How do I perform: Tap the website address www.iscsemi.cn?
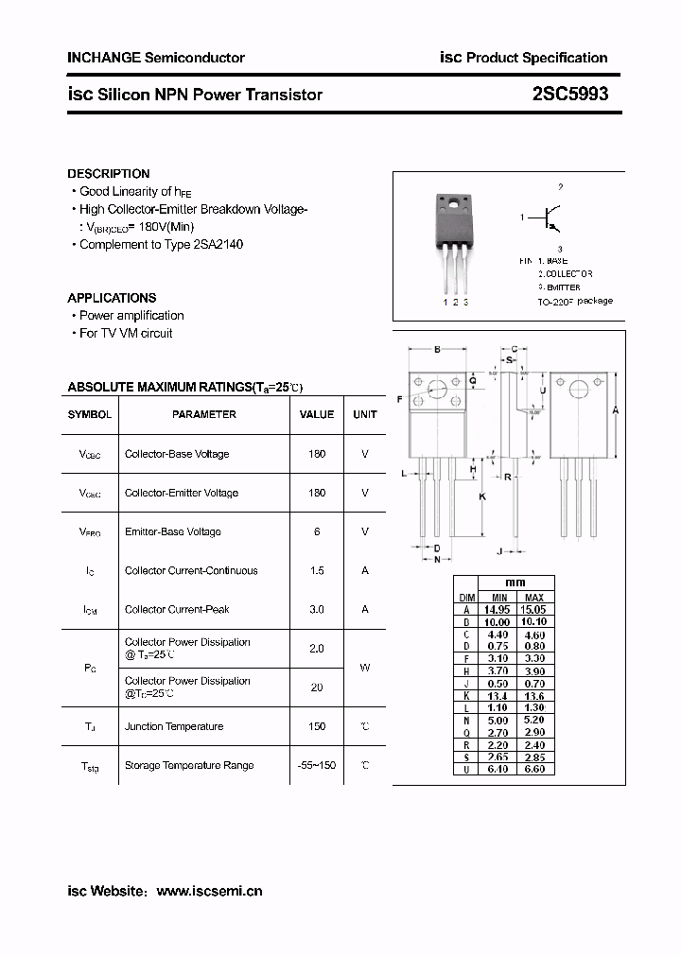(x=209, y=891)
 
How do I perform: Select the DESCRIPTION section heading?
(x=109, y=174)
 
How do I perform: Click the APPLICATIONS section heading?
(x=113, y=298)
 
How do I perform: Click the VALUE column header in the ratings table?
(x=317, y=414)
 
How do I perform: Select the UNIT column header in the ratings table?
(x=365, y=414)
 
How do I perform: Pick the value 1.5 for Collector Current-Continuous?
(x=317, y=570)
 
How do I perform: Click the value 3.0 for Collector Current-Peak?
(x=317, y=609)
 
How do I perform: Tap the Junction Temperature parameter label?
(x=174, y=726)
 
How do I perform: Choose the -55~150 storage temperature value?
(x=317, y=764)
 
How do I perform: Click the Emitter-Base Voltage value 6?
(x=317, y=531)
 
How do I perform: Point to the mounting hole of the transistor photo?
(x=455, y=203)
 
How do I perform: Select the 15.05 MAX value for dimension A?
(x=534, y=610)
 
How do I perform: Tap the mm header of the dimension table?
(x=516, y=583)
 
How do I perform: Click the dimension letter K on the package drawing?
(x=481, y=496)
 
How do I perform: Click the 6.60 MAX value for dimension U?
(x=534, y=769)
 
